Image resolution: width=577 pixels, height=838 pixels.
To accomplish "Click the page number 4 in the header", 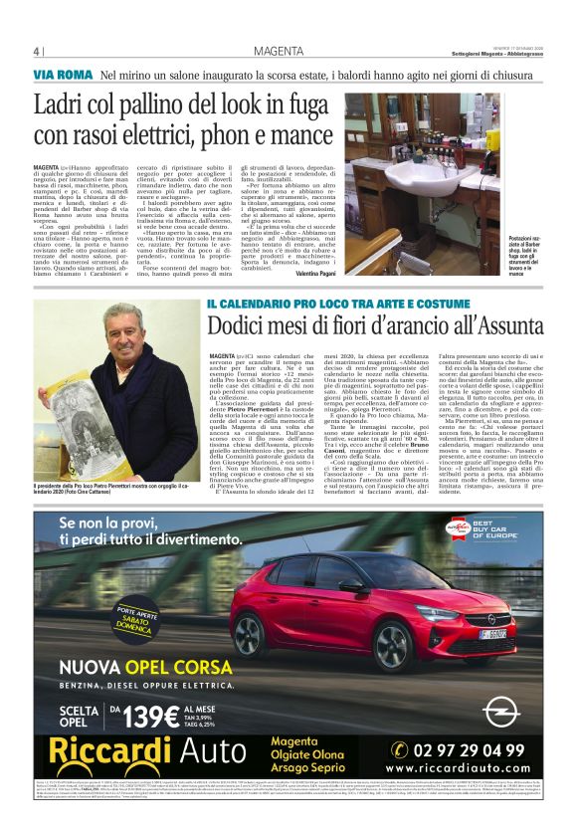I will [37, 52].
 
